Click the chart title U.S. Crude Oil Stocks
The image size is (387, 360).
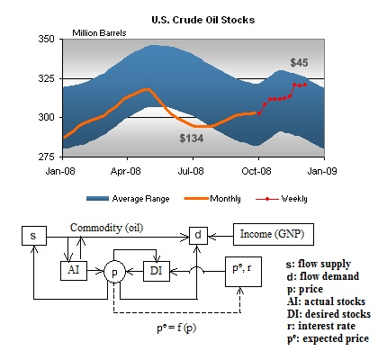[203, 20]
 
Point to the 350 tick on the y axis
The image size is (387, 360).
[46, 40]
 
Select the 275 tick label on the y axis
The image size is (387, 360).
[46, 157]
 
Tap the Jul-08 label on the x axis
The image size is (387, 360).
[191, 171]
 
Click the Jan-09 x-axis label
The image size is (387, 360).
[322, 171]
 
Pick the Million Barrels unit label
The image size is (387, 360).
[99, 33]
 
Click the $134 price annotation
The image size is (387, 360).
[192, 139]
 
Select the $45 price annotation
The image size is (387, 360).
[299, 63]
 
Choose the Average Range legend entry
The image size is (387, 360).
[128, 199]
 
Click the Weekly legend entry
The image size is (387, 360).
[282, 199]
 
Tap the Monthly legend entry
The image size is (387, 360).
[212, 199]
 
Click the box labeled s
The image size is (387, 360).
[34, 236]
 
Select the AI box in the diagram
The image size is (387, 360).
[74, 271]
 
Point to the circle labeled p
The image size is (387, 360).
[114, 273]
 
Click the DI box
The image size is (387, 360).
[157, 271]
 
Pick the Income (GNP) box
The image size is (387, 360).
[274, 234]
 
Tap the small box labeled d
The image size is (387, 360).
[198, 236]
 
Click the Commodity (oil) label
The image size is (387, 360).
[107, 228]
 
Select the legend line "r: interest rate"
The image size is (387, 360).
[321, 326]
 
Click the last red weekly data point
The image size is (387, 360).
[305, 85]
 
